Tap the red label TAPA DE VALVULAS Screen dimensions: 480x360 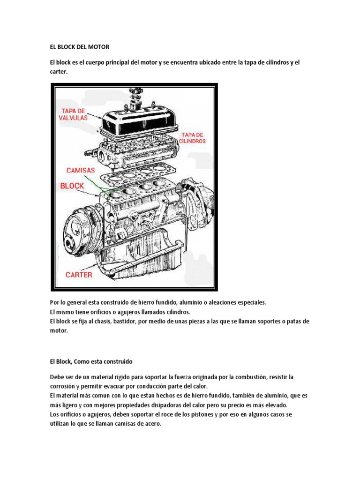click(x=73, y=114)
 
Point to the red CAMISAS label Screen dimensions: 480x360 click(x=80, y=170)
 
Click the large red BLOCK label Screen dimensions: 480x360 click(x=72, y=186)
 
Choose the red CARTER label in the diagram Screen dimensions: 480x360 click(x=79, y=275)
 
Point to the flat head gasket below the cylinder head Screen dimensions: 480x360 click(x=141, y=172)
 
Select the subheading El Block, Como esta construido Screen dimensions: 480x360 click(x=91, y=362)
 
